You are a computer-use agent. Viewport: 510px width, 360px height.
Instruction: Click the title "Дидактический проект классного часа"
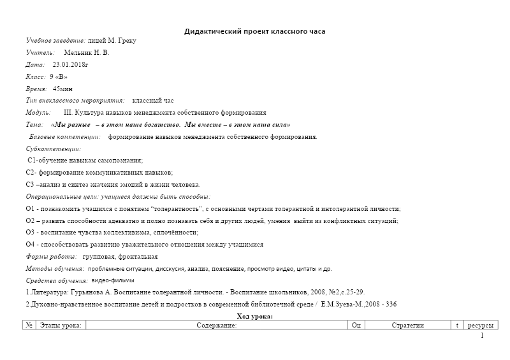coord(254,31)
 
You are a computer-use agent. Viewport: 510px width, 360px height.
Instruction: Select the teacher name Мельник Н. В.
coord(87,53)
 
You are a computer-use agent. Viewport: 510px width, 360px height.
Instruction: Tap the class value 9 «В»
coord(58,77)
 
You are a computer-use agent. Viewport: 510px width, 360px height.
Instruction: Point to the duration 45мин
coord(62,89)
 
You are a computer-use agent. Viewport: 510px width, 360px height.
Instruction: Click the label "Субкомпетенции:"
coord(54,148)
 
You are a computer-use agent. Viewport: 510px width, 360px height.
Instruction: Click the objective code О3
coord(31,233)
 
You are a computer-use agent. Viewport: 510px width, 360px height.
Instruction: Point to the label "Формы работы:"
coord(51,257)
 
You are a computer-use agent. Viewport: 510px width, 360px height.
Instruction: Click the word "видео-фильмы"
coord(113,280)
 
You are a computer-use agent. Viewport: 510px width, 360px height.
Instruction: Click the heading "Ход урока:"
coord(254,317)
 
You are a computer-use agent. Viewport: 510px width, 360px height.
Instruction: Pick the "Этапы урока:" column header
coord(61,326)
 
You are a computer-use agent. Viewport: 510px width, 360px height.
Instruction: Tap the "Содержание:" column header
coord(216,326)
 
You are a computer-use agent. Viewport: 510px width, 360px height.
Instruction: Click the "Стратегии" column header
coord(407,326)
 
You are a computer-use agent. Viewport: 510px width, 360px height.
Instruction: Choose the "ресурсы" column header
coord(480,326)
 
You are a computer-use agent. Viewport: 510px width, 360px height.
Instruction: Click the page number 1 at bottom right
coord(482,336)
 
